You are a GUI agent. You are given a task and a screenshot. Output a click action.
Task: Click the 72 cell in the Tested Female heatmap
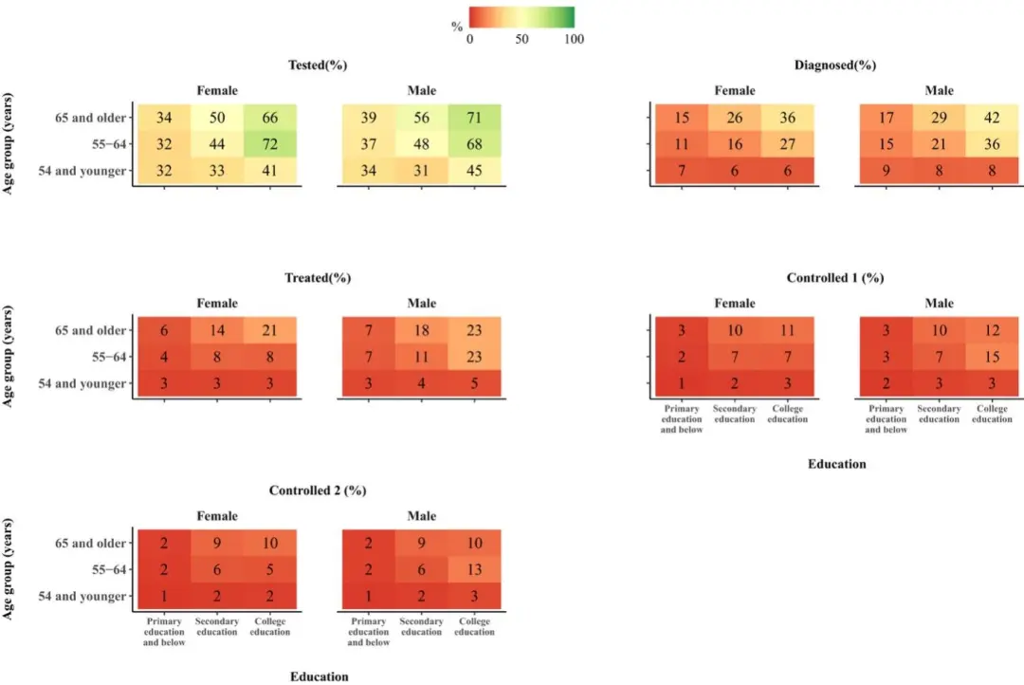tap(269, 144)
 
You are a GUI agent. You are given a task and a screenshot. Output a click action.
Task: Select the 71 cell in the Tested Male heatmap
tap(474, 118)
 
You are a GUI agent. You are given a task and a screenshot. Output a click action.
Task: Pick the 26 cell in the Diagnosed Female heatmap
tap(734, 118)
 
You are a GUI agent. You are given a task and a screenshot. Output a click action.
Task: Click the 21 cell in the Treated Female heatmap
tap(269, 330)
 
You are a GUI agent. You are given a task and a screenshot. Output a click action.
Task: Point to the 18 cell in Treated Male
tap(422, 330)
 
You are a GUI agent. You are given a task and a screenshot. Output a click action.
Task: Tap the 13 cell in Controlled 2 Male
tap(474, 569)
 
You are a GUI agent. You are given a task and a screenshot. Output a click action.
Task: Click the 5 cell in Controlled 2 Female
tap(269, 569)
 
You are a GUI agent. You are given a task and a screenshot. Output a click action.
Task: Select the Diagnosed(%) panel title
tap(835, 65)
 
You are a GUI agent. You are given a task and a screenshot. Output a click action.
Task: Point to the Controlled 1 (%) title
tap(835, 278)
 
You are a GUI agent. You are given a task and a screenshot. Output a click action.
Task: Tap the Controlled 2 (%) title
tap(318, 491)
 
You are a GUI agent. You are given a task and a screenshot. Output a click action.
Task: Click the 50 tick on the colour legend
tap(521, 39)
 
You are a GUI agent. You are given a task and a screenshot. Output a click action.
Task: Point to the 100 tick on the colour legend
tap(574, 39)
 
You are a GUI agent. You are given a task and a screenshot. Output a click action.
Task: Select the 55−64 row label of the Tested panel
tap(106, 144)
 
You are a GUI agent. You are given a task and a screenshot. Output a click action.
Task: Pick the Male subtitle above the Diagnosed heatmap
tap(940, 91)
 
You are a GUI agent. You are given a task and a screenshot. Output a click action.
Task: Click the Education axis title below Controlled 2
tap(320, 676)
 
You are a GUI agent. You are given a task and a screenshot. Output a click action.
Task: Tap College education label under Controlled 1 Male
tap(992, 414)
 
